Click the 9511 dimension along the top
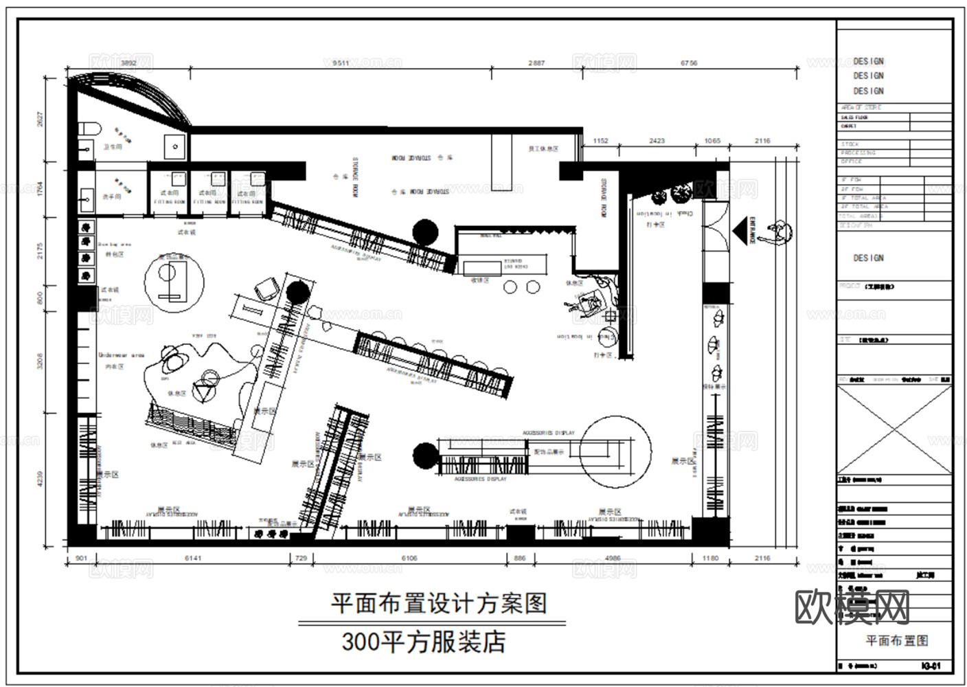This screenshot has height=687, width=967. coord(336,63)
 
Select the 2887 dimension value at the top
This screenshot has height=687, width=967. coord(536,63)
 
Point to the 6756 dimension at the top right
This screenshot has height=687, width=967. coord(689,63)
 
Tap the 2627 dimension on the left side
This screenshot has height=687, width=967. coord(41,121)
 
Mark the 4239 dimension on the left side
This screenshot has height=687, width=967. coord(41,478)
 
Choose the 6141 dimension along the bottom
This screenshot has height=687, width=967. coord(193,559)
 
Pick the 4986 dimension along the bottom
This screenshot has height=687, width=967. coord(611,559)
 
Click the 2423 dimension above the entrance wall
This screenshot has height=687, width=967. coord(657,141)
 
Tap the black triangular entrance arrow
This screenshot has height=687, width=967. coord(741,231)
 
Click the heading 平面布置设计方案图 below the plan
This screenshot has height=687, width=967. coord(439,604)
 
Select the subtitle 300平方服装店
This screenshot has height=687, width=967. coord(424,642)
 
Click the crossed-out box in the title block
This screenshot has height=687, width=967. coord(894,429)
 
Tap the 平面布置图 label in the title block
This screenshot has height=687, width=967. coord(896,640)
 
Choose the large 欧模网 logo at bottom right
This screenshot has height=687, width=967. coord(852,607)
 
